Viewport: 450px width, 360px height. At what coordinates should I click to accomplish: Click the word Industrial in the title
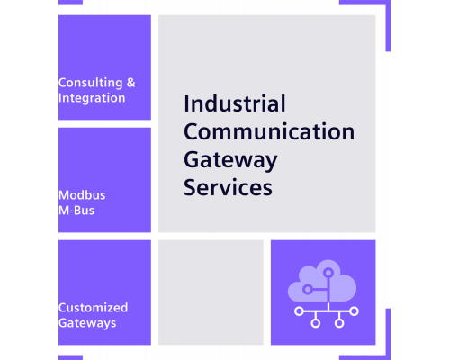[x=235, y=103]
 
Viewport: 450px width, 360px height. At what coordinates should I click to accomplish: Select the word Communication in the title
[x=269, y=131]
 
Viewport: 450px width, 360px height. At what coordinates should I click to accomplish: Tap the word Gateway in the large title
[x=230, y=160]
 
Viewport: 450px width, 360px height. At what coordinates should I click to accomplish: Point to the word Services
[x=228, y=187]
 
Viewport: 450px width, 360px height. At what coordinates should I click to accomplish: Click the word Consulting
[x=91, y=83]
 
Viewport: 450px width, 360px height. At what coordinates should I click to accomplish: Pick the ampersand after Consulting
[x=130, y=83]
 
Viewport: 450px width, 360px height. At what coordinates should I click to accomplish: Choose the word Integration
[x=92, y=98]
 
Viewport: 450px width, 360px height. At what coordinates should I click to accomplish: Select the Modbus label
[x=82, y=195]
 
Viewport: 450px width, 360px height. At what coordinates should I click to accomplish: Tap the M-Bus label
[x=76, y=211]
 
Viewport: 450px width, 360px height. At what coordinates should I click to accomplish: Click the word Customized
[x=94, y=308]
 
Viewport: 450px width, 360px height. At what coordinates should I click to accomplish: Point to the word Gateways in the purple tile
[x=87, y=323]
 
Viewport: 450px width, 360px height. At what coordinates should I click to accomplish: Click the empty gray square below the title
[x=211, y=292]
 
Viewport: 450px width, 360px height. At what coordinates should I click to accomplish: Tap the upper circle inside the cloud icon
[x=328, y=273]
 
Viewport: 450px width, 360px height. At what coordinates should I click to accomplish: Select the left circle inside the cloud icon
[x=307, y=290]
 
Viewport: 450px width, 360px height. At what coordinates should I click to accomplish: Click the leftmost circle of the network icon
[x=299, y=311]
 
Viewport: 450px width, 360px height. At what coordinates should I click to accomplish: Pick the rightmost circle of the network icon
[x=355, y=311]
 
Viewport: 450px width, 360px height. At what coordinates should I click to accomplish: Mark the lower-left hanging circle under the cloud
[x=316, y=323]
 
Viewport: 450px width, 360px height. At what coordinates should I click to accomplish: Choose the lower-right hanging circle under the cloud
[x=339, y=323]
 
